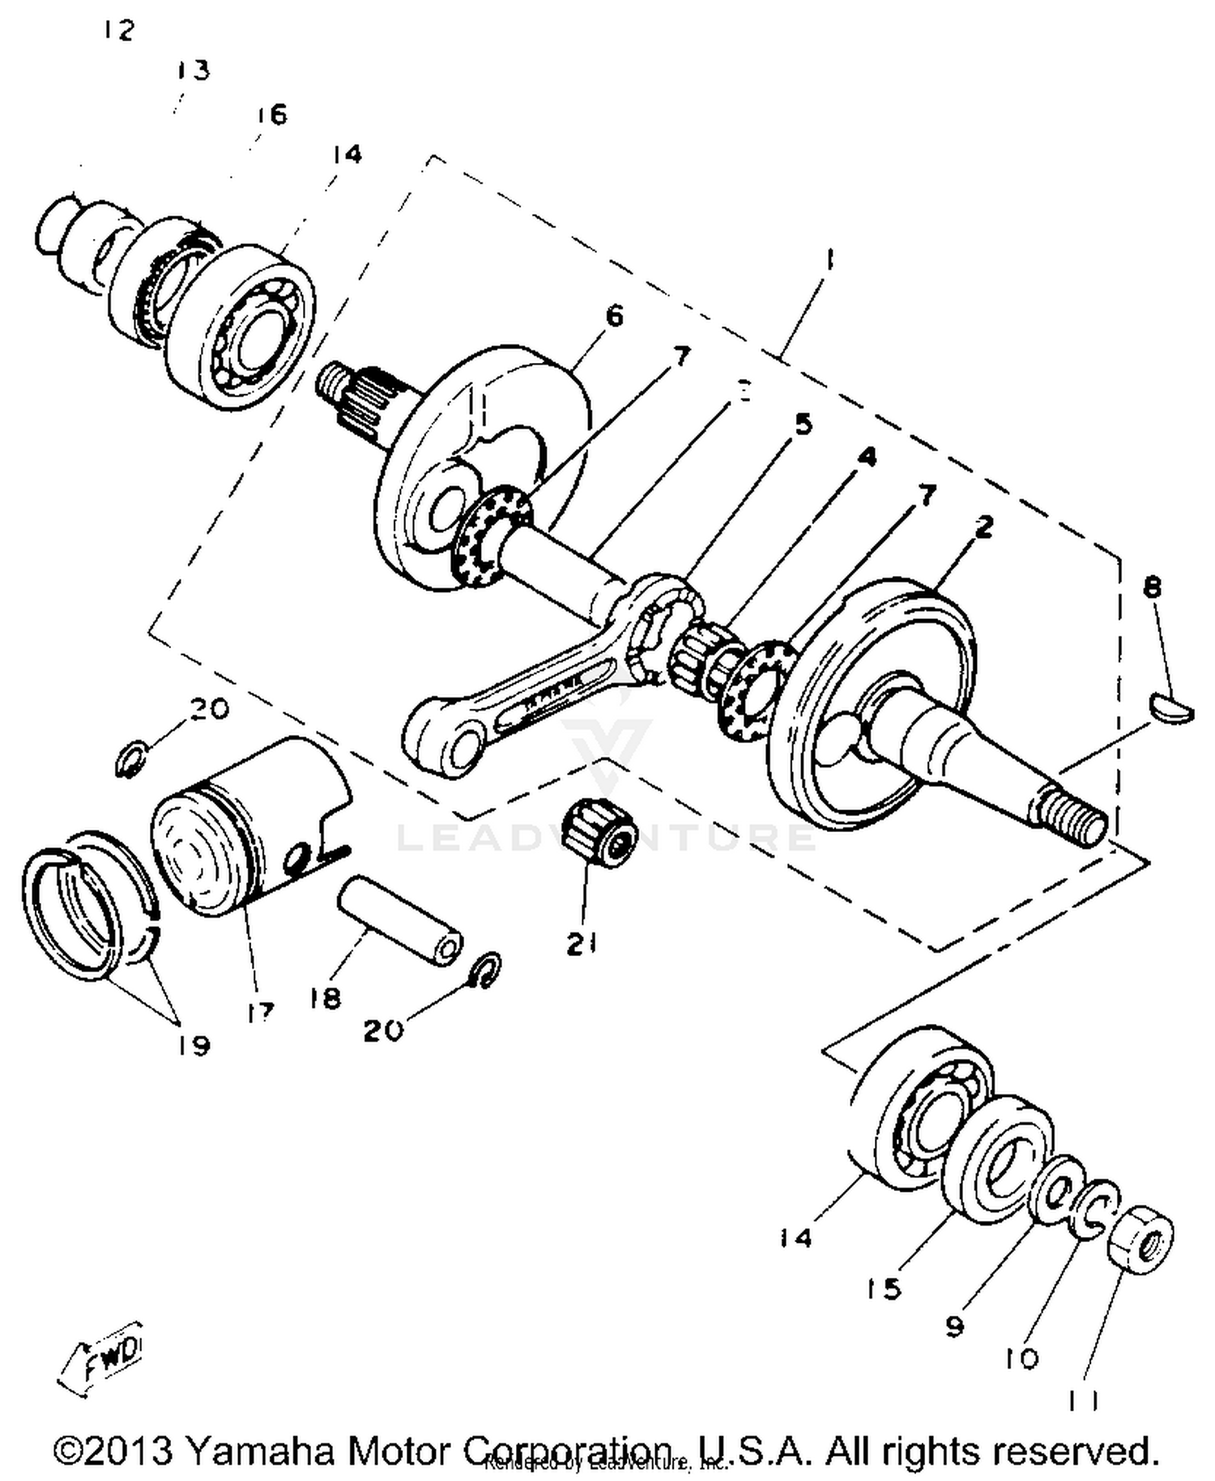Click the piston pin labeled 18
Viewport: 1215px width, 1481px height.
[x=399, y=921]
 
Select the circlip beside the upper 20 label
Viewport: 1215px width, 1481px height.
[x=130, y=759]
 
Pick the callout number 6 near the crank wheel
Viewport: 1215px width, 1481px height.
[x=615, y=315]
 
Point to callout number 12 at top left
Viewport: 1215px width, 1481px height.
[x=118, y=31]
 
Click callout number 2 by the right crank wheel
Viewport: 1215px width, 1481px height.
[x=983, y=527]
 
